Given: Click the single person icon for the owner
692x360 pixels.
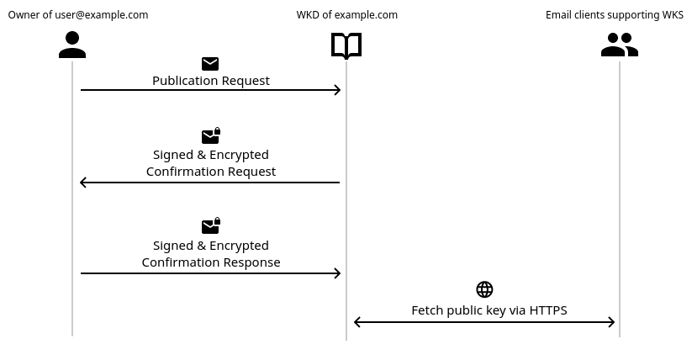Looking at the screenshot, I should click(72, 45).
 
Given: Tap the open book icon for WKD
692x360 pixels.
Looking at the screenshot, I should click(346, 45).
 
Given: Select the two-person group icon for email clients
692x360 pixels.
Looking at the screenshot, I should click(620, 45).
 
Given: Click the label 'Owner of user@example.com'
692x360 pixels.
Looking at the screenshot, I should click(78, 15).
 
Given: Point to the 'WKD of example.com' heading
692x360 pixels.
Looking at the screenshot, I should click(346, 15).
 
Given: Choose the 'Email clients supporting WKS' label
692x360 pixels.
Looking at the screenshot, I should click(614, 15).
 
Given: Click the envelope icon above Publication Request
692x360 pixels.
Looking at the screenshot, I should click(210, 64).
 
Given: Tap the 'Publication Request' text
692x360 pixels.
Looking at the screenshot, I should click(210, 81).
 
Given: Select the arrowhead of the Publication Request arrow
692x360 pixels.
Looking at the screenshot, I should click(338, 90).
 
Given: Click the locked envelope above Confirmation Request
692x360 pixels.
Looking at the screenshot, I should click(210, 136).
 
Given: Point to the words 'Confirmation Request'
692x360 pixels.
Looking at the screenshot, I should click(210, 172).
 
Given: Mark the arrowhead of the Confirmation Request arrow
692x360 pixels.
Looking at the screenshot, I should click(83, 183).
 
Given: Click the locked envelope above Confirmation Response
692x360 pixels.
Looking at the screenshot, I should click(210, 227).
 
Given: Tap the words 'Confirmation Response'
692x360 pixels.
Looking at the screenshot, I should click(210, 262).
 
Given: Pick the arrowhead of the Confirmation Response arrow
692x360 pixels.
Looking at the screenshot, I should click(338, 273).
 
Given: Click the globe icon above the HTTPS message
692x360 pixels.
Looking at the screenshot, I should click(484, 289).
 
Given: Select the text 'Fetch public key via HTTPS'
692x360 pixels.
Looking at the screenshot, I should click(489, 310).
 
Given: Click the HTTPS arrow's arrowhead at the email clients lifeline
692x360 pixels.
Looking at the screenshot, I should click(612, 322).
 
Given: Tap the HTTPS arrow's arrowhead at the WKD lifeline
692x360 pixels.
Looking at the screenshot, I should click(357, 322).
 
